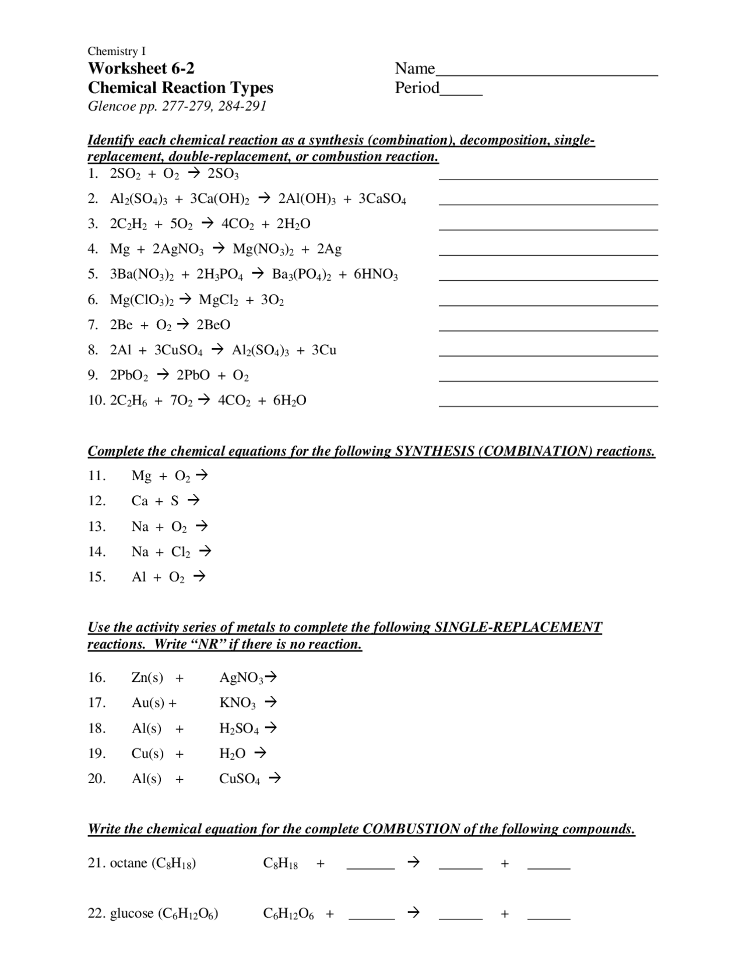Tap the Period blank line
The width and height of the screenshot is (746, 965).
click(461, 94)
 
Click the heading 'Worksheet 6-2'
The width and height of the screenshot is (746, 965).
click(141, 68)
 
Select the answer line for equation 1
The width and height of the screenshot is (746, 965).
click(548, 178)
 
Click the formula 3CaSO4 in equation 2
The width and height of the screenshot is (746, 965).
click(382, 199)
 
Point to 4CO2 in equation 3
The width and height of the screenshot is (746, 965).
click(237, 224)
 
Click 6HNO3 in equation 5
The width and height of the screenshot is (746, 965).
click(376, 274)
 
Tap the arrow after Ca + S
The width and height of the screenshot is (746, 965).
click(193, 500)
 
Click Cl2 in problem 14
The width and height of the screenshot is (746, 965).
click(181, 552)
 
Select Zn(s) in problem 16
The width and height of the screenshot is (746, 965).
click(147, 678)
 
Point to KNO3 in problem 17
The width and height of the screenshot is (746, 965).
click(237, 703)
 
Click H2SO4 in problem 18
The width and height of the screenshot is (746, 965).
click(239, 728)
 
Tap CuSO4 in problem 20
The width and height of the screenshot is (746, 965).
click(240, 779)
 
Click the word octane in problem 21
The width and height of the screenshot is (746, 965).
click(128, 863)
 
